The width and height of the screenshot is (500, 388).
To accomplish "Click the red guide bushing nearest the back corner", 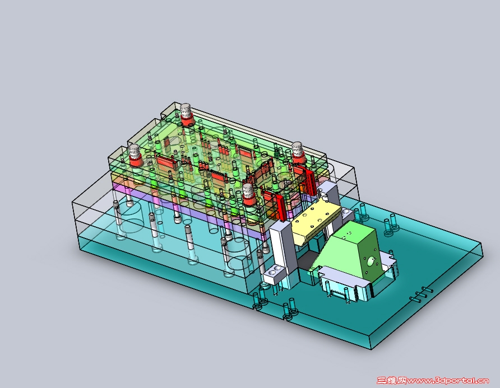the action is point(186,115).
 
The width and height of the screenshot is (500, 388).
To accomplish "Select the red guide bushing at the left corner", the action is point(135,156).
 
